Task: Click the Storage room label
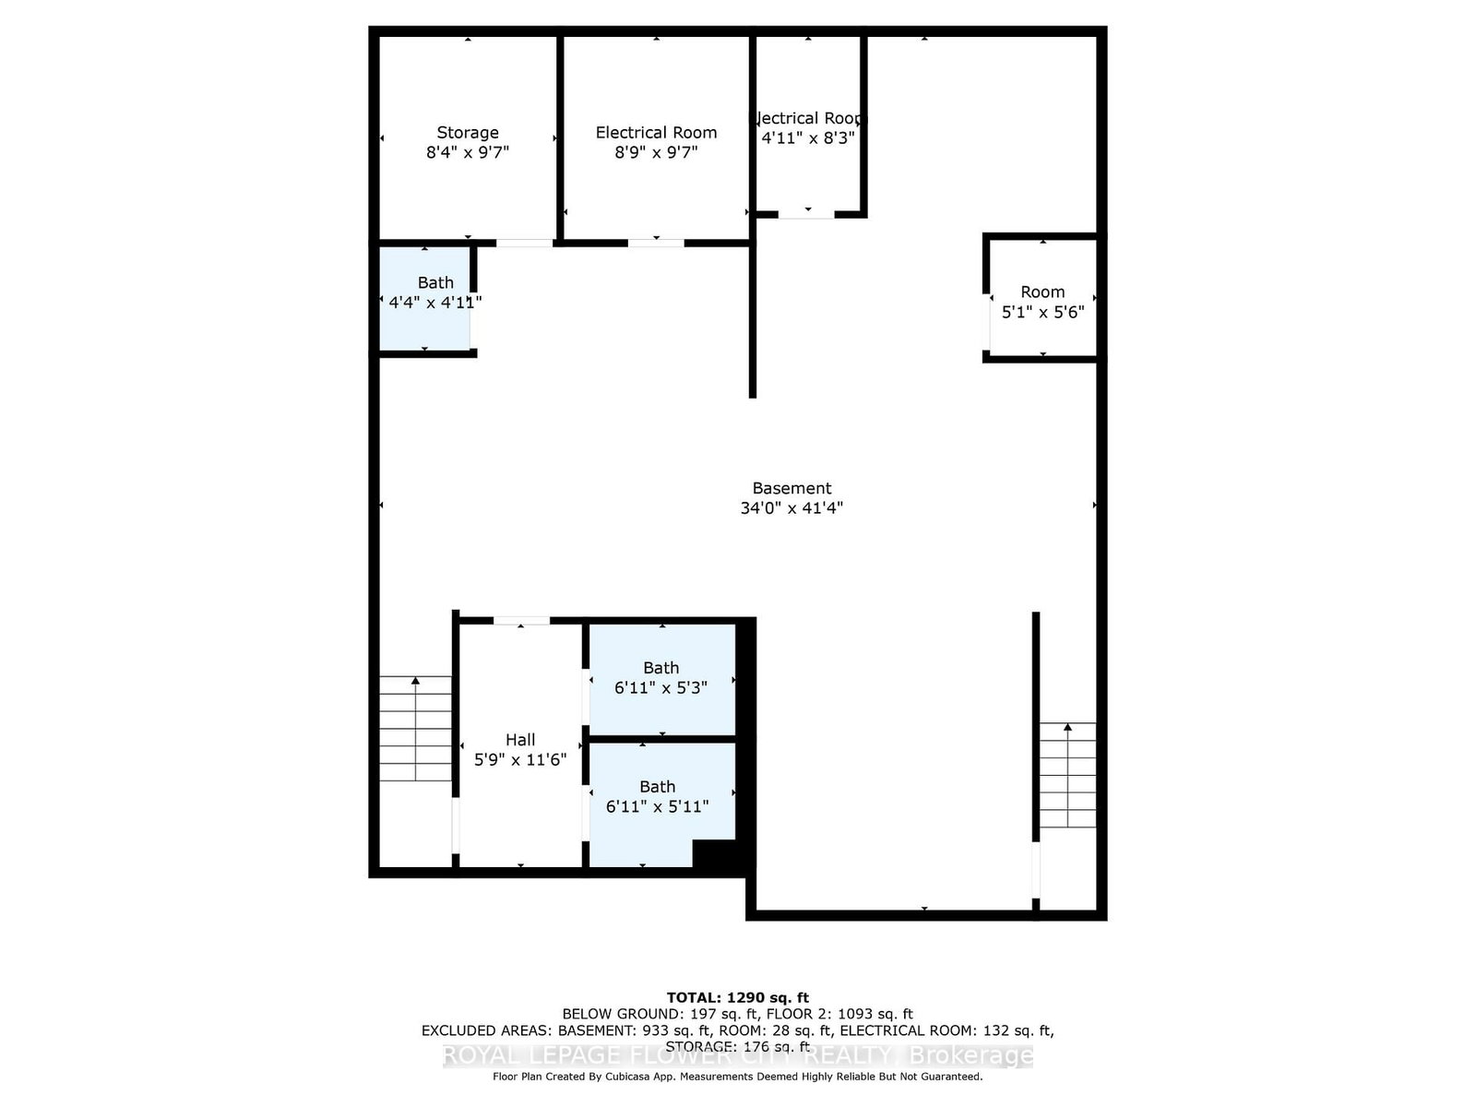468,133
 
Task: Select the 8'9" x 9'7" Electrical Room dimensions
656,152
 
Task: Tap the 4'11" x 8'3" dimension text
808,137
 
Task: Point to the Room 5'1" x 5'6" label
1042,302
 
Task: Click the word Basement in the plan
792,488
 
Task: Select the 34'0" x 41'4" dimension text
792,507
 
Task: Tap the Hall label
520,740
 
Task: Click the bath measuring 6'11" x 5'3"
661,678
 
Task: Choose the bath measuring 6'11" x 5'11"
658,797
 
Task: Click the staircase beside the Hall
415,729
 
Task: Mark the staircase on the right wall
1068,775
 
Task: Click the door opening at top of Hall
521,621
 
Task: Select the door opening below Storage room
525,243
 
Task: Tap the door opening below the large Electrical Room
656,243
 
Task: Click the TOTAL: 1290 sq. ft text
737,997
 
